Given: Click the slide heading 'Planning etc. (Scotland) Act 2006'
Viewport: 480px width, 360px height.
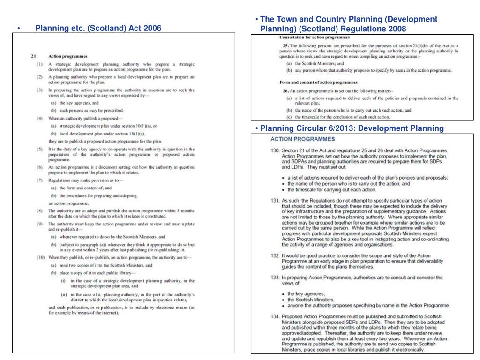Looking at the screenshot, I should (98, 28).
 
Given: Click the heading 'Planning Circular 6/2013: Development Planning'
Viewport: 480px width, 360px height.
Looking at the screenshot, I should (352, 128).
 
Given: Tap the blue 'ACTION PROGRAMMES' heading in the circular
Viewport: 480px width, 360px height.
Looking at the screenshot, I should (302, 139).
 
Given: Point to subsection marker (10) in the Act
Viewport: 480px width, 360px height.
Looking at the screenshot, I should (41, 257).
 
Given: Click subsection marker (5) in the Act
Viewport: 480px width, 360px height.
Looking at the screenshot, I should (41, 149).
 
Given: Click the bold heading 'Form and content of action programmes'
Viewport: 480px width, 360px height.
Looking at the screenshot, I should (315, 82).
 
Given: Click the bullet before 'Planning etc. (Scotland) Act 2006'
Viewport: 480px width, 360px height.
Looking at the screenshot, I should (18, 29).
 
